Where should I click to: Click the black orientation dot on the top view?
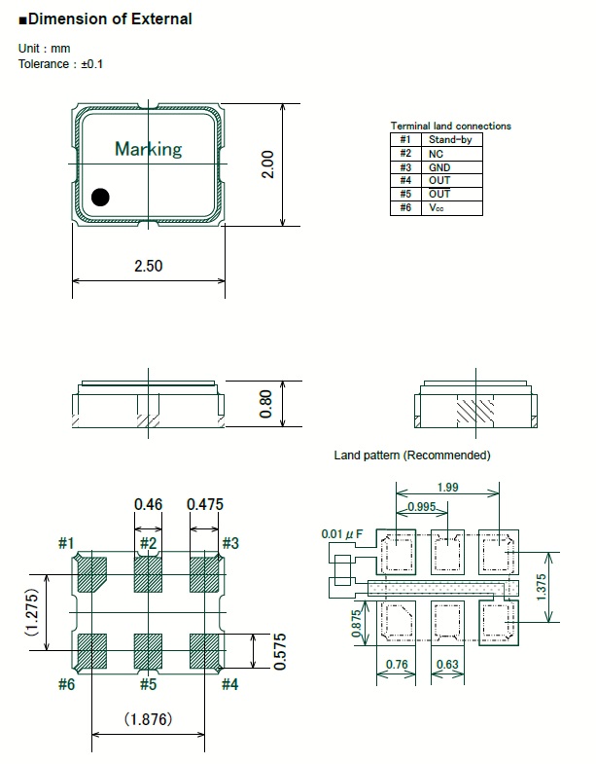tap(100, 198)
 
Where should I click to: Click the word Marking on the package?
tap(148, 149)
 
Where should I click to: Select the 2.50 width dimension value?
tap(148, 266)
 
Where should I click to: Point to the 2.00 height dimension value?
tap(268, 164)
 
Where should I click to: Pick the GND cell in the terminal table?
tap(439, 166)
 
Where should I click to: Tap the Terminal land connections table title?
tap(450, 126)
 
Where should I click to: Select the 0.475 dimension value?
tap(204, 504)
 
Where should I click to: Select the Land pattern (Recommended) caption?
tap(412, 455)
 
